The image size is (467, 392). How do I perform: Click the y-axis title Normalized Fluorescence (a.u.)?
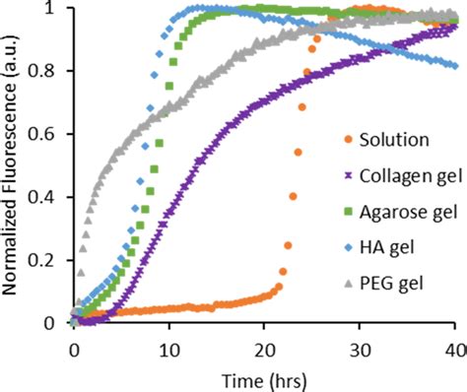point(12,163)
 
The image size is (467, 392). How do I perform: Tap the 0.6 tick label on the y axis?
point(49,134)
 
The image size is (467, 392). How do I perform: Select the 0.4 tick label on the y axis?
point(49,197)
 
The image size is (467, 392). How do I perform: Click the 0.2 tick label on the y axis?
point(49,260)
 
